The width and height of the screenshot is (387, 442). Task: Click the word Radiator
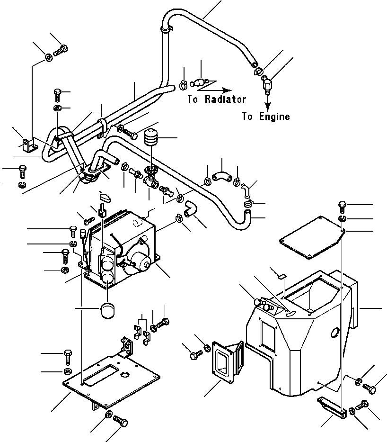225,99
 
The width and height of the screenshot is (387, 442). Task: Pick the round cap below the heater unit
107,312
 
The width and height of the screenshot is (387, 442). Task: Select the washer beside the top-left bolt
49,58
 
